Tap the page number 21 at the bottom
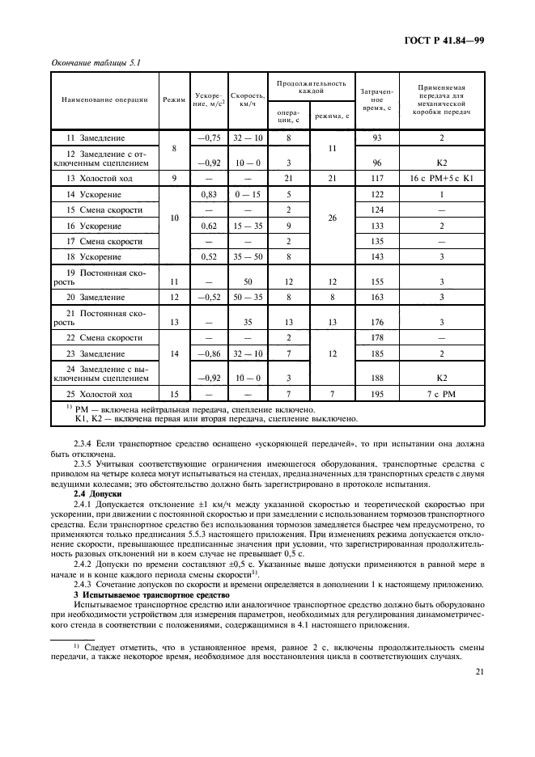pyautogui.click(x=480, y=671)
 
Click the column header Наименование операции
pyautogui.click(x=105, y=99)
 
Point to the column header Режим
pyautogui.click(x=173, y=99)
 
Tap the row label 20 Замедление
pyautogui.click(x=96, y=297)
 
